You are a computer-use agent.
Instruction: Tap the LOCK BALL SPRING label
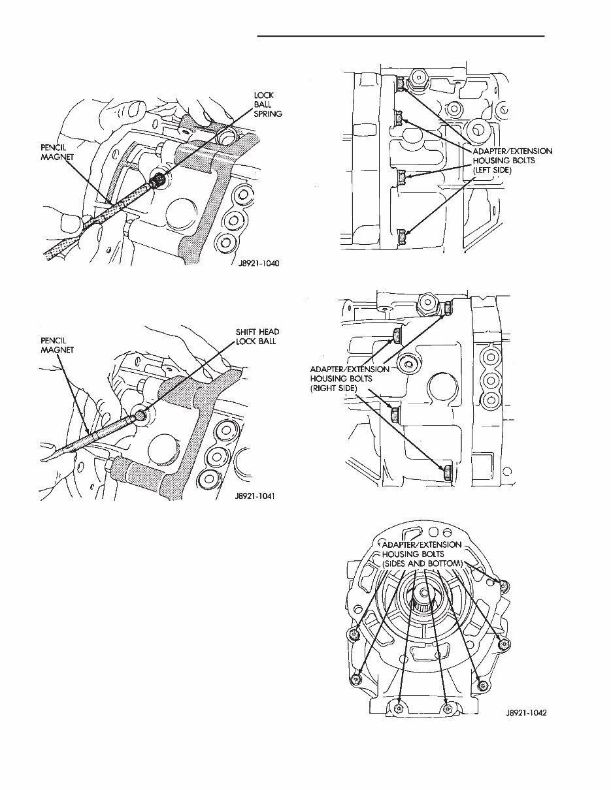pyautogui.click(x=267, y=104)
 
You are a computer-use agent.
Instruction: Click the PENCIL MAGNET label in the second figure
pyautogui.click(x=56, y=345)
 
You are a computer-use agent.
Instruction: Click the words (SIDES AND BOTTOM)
pyautogui.click(x=423, y=563)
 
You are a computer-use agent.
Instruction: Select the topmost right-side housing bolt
pyautogui.click(x=448, y=308)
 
